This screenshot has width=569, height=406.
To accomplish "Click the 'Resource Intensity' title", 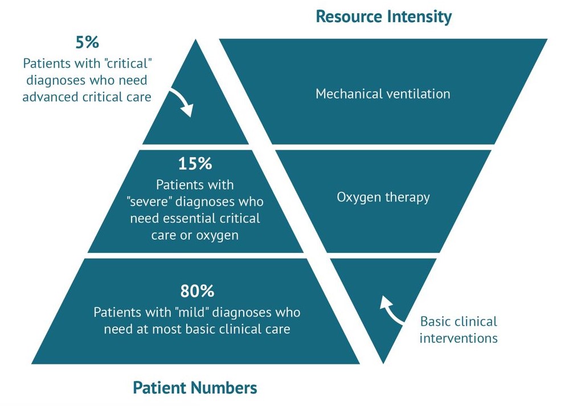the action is coord(383,17).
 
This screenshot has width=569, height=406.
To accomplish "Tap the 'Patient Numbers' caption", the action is coord(195,388).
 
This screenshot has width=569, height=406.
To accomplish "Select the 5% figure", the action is coord(87,42).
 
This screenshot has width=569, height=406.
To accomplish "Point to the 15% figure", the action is coord(195,163).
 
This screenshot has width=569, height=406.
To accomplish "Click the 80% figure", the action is coord(197,291).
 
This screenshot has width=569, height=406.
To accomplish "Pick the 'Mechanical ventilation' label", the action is coord(383,94).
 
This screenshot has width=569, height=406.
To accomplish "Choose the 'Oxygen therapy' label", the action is coord(383,198).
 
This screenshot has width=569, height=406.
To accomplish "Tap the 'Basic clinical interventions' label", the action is coord(459,330).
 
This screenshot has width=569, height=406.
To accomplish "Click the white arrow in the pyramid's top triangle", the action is coord(182,102).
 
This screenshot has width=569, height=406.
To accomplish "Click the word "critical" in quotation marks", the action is coord(127,64).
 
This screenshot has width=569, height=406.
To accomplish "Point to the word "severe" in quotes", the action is coord(149,202).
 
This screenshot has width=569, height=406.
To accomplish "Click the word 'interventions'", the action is coord(459,338).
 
